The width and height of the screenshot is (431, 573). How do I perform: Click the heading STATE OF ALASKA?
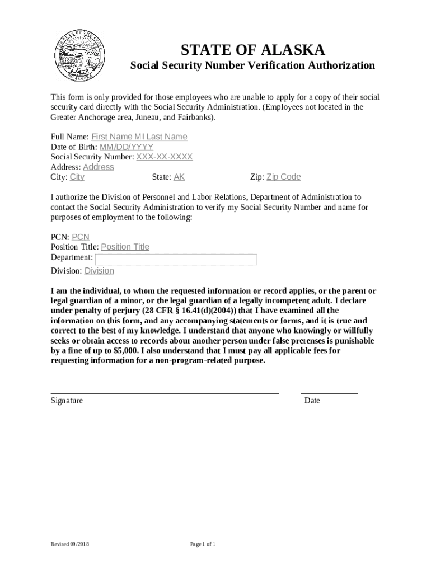tap(252, 50)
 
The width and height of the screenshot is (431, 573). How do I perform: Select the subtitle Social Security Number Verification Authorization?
tap(252, 65)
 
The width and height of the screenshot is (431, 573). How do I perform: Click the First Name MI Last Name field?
tap(139, 137)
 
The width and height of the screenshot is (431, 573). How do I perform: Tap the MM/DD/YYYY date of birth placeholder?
tap(127, 147)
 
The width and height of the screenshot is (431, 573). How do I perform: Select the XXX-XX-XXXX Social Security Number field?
tap(165, 157)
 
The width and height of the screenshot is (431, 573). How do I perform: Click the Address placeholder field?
tap(98, 167)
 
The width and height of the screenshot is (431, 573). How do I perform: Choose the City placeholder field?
tap(77, 177)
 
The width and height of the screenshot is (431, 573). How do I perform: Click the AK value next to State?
tap(179, 177)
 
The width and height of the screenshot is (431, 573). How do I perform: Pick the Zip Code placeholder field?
tap(283, 177)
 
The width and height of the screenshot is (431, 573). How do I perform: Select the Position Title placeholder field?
tap(125, 247)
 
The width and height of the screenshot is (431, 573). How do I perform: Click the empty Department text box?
tap(176, 259)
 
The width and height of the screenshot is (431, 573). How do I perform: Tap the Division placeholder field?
tap(99, 271)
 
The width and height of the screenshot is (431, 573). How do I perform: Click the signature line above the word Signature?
tap(165, 393)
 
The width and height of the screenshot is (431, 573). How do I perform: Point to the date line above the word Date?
tap(329, 393)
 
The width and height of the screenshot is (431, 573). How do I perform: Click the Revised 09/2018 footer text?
tap(70, 544)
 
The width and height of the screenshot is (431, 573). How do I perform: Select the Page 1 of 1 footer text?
tap(203, 544)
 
